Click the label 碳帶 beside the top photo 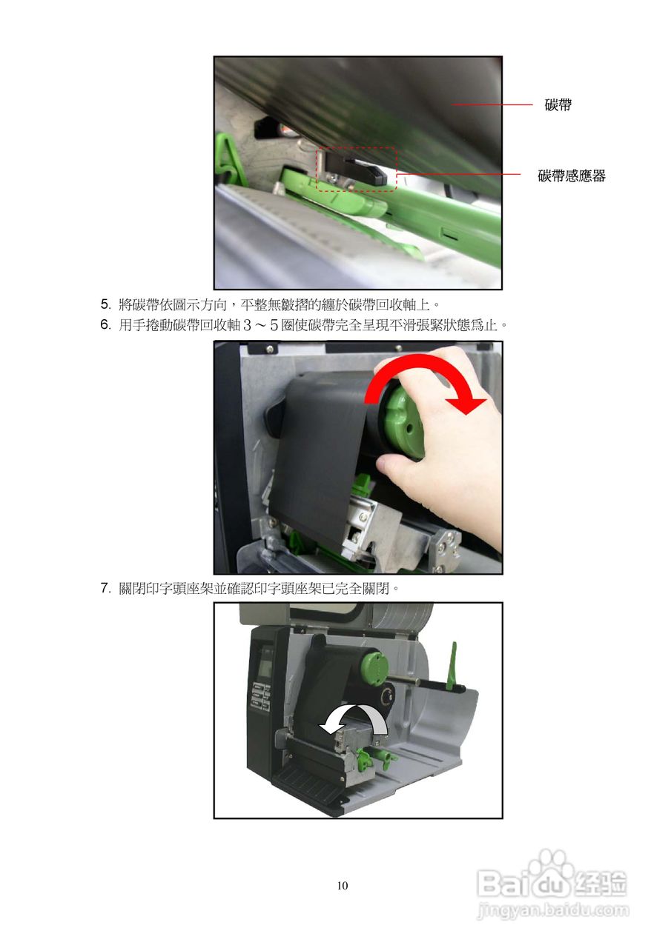[558, 104]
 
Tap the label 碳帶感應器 [572, 176]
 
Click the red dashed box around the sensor [356, 170]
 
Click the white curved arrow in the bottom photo [354, 715]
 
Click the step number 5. [105, 304]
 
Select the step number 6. [105, 325]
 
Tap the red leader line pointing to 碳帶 [492, 104]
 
